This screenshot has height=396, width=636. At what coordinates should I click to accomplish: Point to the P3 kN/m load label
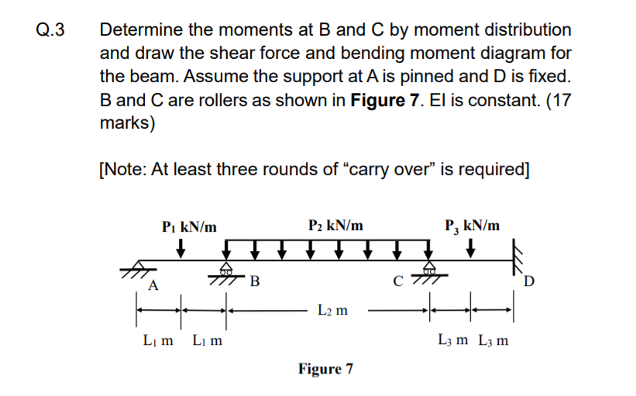[x=472, y=226]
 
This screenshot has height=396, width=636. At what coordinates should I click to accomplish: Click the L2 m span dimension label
[x=331, y=311]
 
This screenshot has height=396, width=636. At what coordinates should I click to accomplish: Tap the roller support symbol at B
[x=227, y=270]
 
